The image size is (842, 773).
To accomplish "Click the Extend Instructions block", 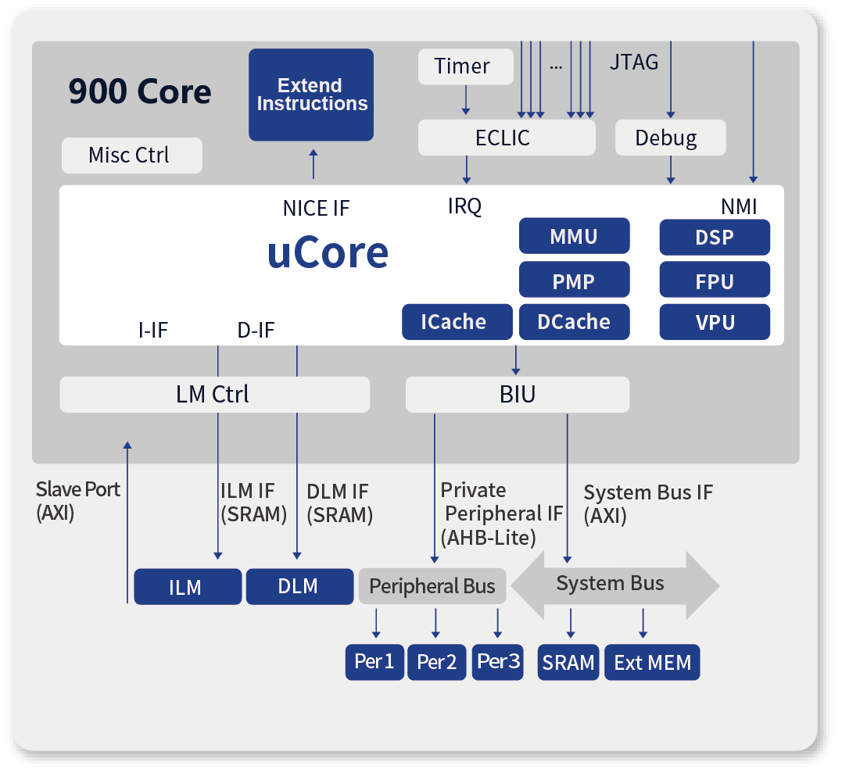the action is [x=311, y=95].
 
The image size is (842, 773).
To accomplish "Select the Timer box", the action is [x=466, y=66].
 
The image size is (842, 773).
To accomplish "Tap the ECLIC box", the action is [x=507, y=138].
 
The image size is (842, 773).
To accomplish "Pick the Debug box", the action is [x=670, y=138].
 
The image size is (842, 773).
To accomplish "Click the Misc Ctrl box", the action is [x=131, y=156].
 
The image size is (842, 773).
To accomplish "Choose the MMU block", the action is [x=574, y=236].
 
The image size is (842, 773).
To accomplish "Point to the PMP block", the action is [x=574, y=280].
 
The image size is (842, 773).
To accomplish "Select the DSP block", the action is [x=715, y=237].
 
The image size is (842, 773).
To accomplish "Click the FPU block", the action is [x=715, y=280].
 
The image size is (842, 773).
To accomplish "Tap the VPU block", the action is [x=715, y=322].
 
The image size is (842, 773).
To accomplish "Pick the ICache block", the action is [x=457, y=322].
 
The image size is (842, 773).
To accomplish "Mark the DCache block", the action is [x=574, y=322].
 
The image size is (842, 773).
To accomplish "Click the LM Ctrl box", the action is [x=214, y=395].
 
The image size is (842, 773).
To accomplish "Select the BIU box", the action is [x=517, y=395].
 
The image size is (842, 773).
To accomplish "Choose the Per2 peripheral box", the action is [x=436, y=663].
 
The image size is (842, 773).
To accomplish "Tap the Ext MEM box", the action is [x=652, y=663].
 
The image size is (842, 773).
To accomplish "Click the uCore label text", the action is [x=328, y=252].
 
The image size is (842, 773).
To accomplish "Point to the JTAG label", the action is [x=633, y=63].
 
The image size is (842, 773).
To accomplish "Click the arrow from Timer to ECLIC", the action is [x=466, y=100].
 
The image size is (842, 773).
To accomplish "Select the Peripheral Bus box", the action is [x=432, y=586].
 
